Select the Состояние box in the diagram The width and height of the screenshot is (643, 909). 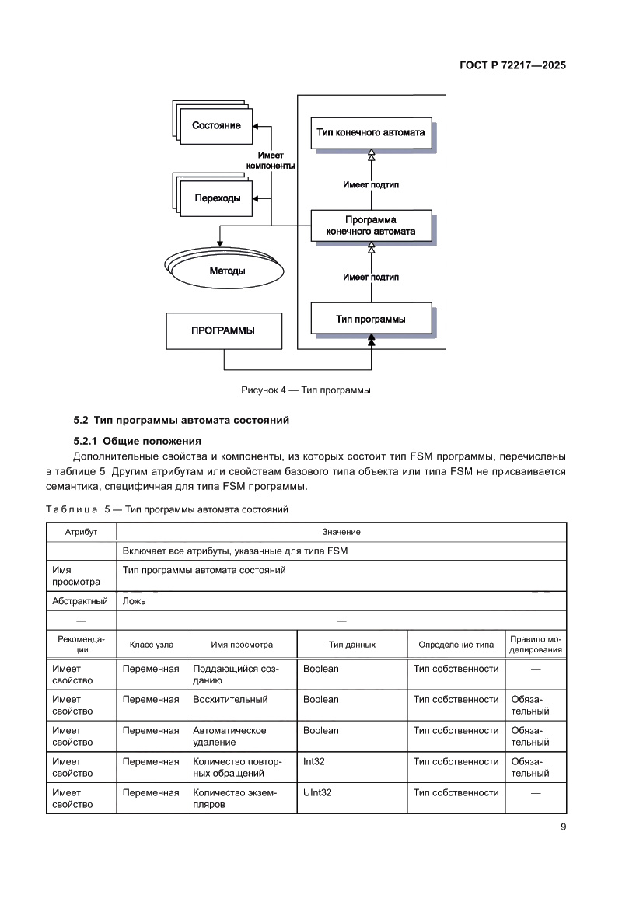tap(216, 125)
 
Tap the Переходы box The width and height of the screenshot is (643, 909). tap(217, 198)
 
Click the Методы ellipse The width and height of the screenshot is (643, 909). tap(228, 271)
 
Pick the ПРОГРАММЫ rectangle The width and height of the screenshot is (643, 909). tap(223, 330)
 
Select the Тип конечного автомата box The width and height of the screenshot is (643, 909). tap(370, 133)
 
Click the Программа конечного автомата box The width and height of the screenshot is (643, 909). tap(370, 226)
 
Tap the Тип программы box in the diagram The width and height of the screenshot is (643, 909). tap(370, 319)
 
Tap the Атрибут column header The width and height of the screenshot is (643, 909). tap(81, 532)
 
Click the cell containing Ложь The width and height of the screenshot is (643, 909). tap(135, 601)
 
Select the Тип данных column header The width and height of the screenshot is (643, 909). tap(351, 645)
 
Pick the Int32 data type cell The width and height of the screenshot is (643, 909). tap(314, 761)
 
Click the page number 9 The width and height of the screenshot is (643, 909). tap(563, 827)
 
